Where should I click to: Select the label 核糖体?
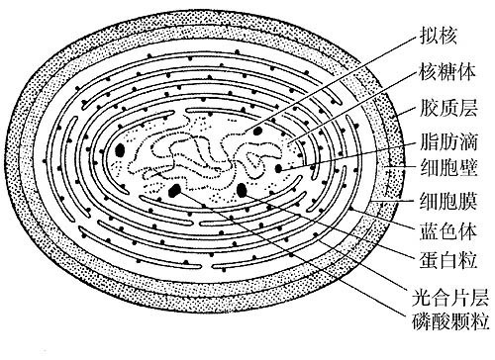click(446, 73)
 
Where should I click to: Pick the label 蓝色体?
click(446, 230)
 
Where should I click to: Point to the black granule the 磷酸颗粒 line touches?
click(175, 190)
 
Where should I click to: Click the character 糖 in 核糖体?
click(446, 73)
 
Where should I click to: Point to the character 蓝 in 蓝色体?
click(426, 230)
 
